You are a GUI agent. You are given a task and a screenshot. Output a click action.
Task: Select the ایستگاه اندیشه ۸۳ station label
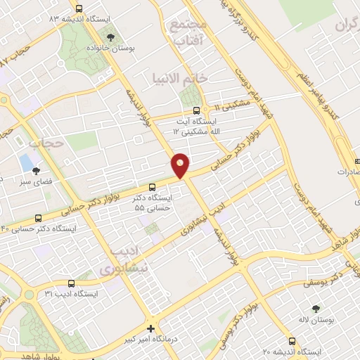click(89, 19)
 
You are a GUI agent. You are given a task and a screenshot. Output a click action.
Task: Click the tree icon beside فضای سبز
click(37, 170)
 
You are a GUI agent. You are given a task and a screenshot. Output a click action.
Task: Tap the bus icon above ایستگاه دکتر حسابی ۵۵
click(153, 186)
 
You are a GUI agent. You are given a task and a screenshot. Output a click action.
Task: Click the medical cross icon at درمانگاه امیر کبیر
click(150, 328)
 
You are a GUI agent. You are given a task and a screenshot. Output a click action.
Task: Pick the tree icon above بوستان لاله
click(316, 309)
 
